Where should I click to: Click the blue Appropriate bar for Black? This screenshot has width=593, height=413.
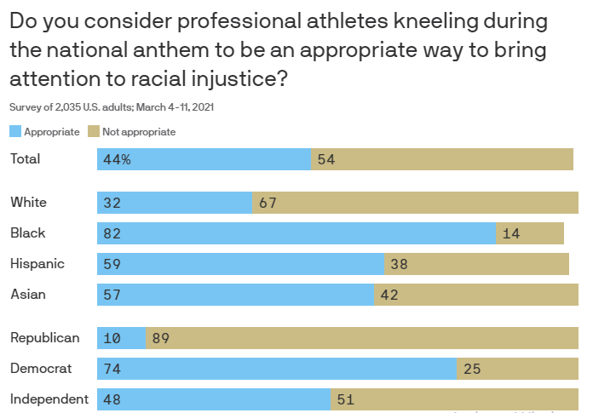(296, 233)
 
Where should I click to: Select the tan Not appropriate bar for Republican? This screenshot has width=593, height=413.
(366, 338)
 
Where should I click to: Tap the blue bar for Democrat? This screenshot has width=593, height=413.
(277, 369)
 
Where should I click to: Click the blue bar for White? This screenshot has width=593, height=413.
(175, 203)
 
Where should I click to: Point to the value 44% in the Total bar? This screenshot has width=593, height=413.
(117, 159)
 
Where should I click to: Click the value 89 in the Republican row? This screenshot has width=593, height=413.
(161, 338)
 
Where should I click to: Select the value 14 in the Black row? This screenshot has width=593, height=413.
(511, 233)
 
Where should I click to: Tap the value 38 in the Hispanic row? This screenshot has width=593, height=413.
(399, 264)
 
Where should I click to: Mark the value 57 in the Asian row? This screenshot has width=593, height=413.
(112, 295)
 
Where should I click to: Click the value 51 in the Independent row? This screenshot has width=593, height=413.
(345, 399)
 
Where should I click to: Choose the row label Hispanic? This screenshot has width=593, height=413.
(37, 264)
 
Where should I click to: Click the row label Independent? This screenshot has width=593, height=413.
(49, 399)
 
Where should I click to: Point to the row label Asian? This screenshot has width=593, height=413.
(28, 295)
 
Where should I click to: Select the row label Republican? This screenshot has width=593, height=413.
(45, 338)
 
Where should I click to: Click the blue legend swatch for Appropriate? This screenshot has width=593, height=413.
(15, 132)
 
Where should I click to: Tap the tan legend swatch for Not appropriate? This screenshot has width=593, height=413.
(94, 132)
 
